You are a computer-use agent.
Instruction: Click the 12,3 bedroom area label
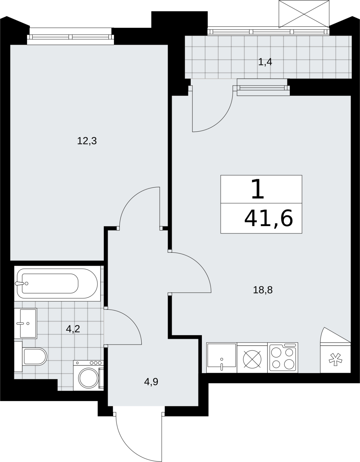(x=87, y=141)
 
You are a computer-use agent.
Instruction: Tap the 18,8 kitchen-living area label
(x=263, y=290)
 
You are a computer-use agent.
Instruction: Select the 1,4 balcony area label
(x=265, y=62)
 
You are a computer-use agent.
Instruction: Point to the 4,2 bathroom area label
(x=73, y=329)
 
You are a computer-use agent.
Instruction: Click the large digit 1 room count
(x=258, y=189)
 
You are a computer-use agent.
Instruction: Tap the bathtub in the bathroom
(x=57, y=284)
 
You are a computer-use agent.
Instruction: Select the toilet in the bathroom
(x=31, y=356)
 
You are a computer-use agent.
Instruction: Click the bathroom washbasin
(x=26, y=323)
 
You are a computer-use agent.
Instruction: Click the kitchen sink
(x=222, y=357)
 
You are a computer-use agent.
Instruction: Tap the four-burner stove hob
(x=283, y=357)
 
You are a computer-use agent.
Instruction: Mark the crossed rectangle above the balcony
(x=304, y=14)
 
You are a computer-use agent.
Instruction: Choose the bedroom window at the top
(x=70, y=37)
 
